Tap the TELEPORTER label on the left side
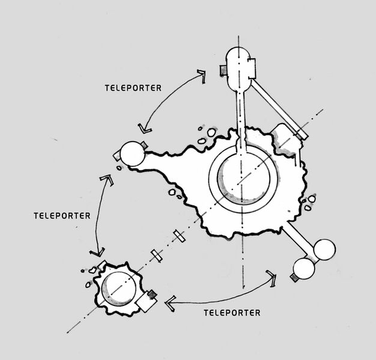63,214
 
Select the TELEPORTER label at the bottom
232,313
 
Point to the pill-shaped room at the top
240,67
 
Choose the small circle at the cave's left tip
132,154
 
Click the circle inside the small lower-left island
118,287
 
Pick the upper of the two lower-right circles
323,250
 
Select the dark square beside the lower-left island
151,294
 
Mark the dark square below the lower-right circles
294,278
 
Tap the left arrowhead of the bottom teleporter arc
170,301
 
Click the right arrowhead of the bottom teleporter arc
272,277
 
